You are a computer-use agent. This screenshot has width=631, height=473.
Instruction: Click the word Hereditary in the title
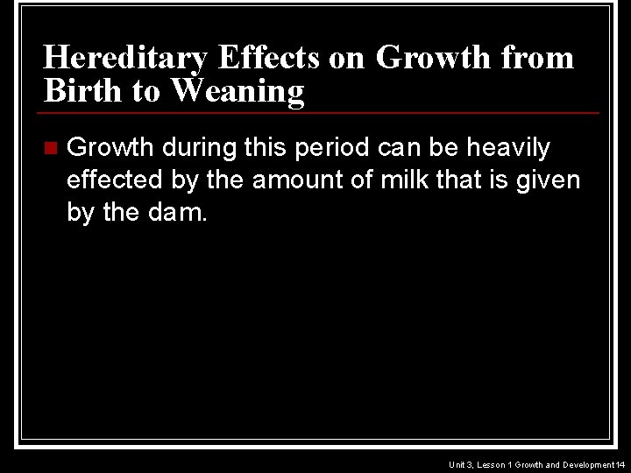click(x=124, y=59)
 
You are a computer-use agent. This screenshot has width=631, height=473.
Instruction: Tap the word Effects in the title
click(x=270, y=59)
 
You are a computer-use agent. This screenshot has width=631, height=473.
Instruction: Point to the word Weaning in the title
click(x=238, y=90)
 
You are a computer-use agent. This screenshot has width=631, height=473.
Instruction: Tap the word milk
click(x=432, y=180)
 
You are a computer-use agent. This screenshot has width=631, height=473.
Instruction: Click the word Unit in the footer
click(x=457, y=464)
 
